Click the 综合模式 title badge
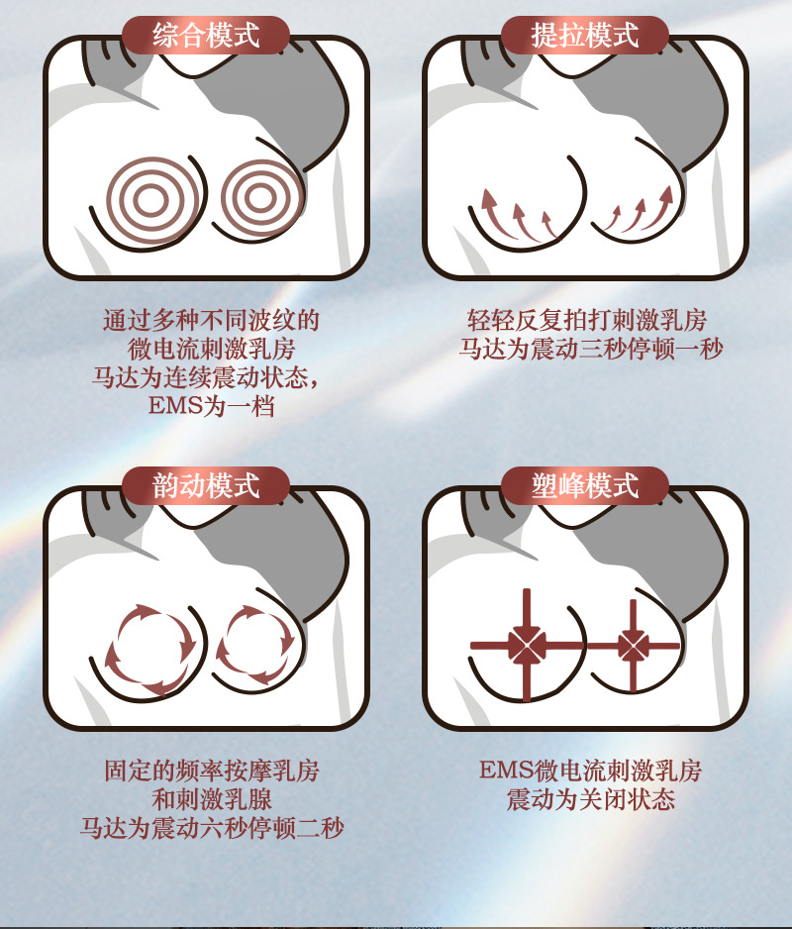click(206, 36)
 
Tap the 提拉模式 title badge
click(585, 36)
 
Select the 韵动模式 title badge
click(206, 485)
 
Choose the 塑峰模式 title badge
click(585, 485)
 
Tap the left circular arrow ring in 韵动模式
click(148, 649)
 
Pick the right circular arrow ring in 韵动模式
click(255, 645)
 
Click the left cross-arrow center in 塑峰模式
click(526, 646)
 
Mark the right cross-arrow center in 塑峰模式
click(633, 646)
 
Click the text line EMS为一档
click(211, 406)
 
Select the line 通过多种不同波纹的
click(211, 320)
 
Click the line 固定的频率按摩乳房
click(212, 770)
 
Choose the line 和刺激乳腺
click(212, 798)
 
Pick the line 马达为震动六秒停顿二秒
click(212, 827)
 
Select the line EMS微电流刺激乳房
click(590, 770)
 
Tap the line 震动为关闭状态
click(590, 798)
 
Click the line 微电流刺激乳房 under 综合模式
click(212, 349)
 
